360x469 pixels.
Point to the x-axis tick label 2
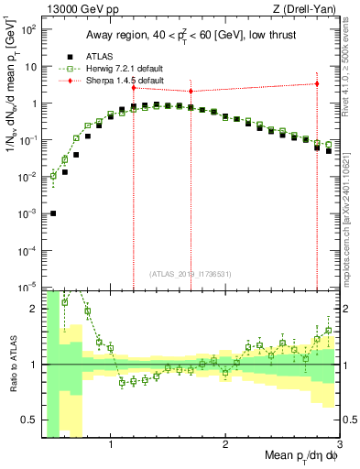(225, 444)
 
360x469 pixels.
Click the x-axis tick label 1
(111, 444)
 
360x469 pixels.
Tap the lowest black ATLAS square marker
(53, 213)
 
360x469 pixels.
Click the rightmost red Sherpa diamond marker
(316, 83)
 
